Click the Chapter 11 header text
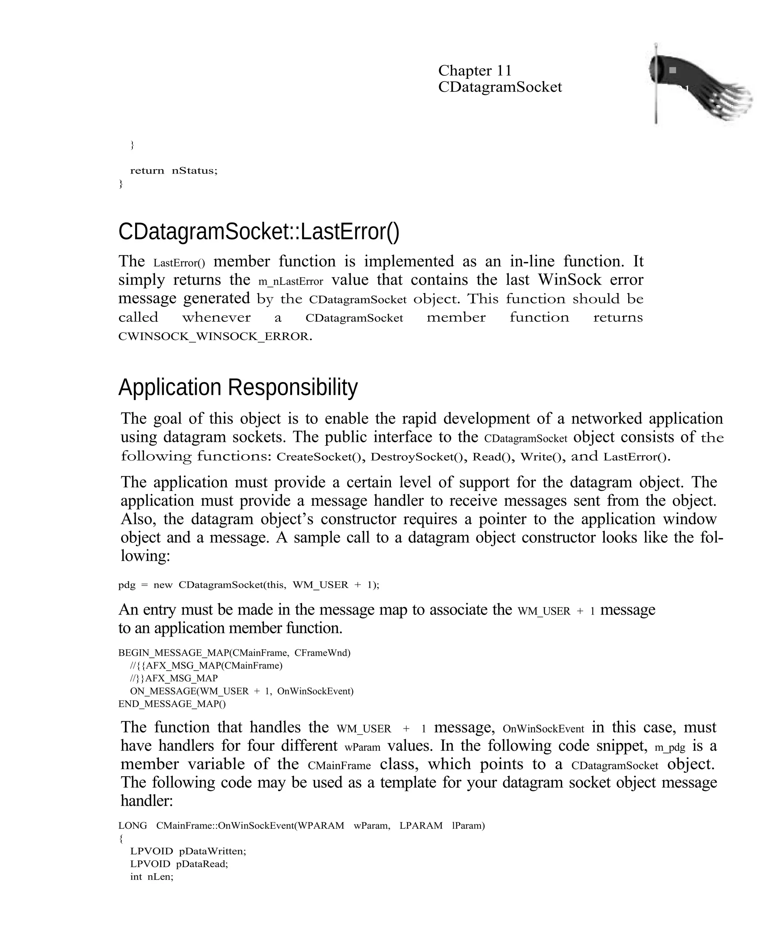475,71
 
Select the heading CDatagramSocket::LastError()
259,232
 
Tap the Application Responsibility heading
238,387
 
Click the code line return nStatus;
173,171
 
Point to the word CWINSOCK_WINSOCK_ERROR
215,337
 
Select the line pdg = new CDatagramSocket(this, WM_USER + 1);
249,585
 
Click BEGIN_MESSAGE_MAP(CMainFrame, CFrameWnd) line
234,653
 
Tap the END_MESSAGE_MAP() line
172,704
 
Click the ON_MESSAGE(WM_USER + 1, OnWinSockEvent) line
242,691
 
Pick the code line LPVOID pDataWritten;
188,851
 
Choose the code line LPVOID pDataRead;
179,864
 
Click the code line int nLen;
152,877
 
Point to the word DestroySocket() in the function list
418,457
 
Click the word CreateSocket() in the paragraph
320,457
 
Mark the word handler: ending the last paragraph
147,800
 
